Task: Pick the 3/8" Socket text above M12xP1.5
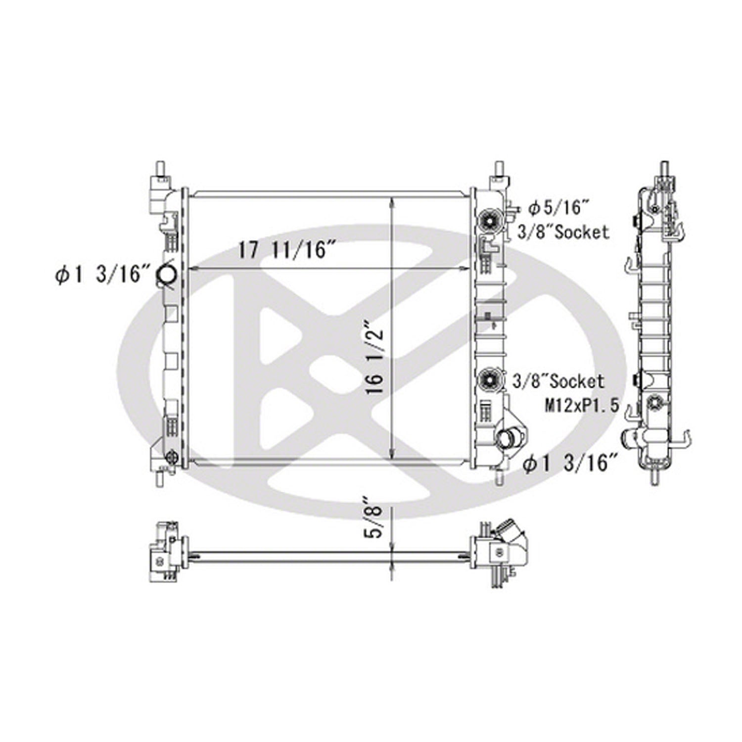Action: point(558,381)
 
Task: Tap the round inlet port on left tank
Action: point(165,275)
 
